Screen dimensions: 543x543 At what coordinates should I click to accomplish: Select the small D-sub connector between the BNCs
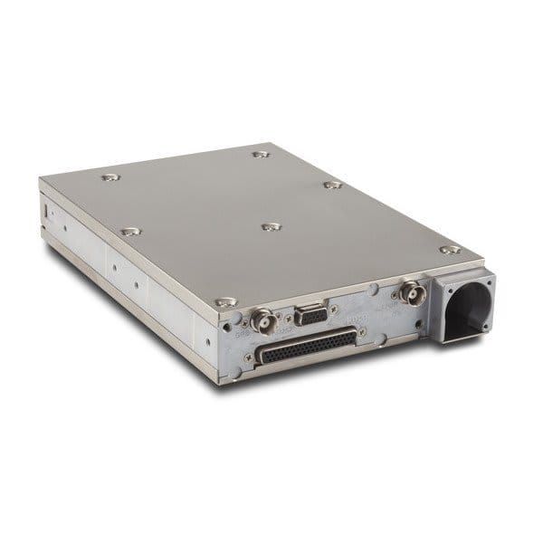[310, 316]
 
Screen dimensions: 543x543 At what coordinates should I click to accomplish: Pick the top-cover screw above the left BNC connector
[227, 300]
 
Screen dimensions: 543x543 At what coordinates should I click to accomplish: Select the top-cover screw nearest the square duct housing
[450, 250]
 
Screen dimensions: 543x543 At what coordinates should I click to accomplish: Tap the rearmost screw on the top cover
[262, 155]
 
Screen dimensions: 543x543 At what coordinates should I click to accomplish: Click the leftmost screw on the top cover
[110, 177]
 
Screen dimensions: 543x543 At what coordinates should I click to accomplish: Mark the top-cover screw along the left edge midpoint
[130, 232]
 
